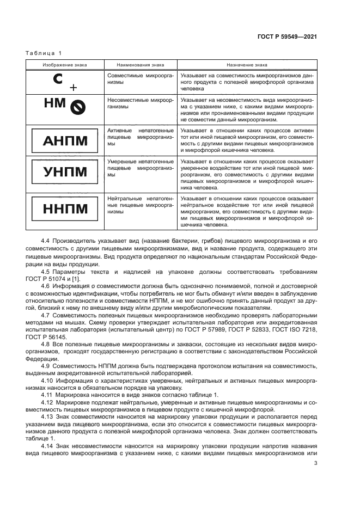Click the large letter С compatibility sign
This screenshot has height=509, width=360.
[x=59, y=80]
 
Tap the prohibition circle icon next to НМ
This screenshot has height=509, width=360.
[x=77, y=109]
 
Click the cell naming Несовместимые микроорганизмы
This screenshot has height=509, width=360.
[x=141, y=104]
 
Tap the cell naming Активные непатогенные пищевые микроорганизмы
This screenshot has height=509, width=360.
[x=141, y=139]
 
